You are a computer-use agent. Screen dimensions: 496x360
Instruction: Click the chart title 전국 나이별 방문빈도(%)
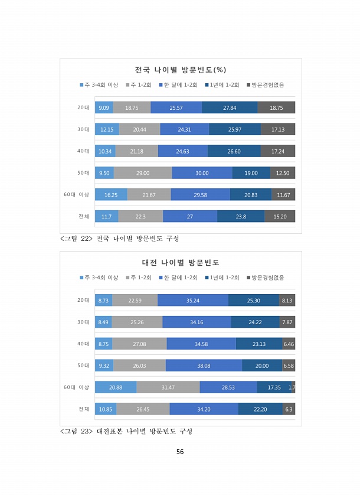[181, 70]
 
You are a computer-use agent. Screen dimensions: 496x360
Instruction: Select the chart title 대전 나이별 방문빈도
[181, 262]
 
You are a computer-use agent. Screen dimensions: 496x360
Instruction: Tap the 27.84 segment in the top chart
[230, 107]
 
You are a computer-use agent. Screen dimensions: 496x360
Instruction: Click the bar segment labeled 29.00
[142, 173]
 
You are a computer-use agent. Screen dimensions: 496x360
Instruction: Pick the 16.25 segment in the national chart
[111, 195]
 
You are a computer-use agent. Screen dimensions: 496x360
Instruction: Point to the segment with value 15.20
[280, 217]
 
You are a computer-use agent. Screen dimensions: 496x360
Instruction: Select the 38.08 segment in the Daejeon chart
[204, 366]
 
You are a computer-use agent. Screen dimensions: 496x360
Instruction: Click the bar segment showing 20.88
[116, 387]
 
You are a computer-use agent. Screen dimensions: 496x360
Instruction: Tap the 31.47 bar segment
[168, 387]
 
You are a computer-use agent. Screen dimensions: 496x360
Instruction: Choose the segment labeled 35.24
[193, 301]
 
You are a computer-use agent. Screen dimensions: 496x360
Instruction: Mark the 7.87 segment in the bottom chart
[287, 322]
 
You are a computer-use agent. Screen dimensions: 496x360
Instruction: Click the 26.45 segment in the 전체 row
[143, 409]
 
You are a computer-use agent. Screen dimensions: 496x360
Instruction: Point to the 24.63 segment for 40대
[183, 151]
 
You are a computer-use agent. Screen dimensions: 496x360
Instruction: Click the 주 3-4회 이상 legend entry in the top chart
[99, 85]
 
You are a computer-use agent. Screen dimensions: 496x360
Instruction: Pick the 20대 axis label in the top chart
[83, 107]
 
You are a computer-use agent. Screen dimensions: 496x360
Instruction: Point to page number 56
[180, 452]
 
